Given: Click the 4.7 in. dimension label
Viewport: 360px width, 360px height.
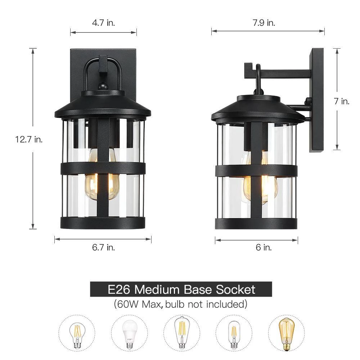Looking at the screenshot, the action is [x=103, y=23].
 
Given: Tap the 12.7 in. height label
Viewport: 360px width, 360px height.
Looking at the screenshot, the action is [x=29, y=139].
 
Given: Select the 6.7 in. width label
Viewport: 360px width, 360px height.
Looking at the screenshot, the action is [x=103, y=247].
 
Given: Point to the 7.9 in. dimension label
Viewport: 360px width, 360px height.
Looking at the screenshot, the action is [x=264, y=23].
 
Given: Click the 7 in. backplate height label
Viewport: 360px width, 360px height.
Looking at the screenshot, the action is [x=342, y=101].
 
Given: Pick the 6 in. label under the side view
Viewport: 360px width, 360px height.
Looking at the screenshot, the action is [x=264, y=247].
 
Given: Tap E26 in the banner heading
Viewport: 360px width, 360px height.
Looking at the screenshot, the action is [x=119, y=289].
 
